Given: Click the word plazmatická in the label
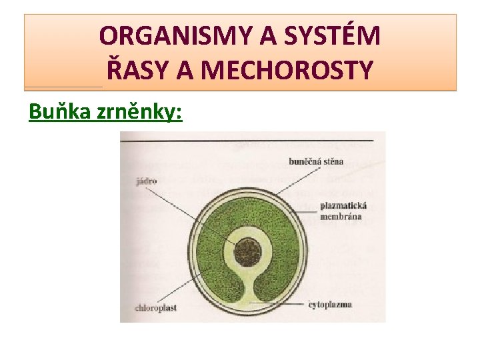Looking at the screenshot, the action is [x=343, y=206].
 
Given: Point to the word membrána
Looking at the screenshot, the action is [x=341, y=217].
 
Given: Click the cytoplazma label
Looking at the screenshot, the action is [x=330, y=305].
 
